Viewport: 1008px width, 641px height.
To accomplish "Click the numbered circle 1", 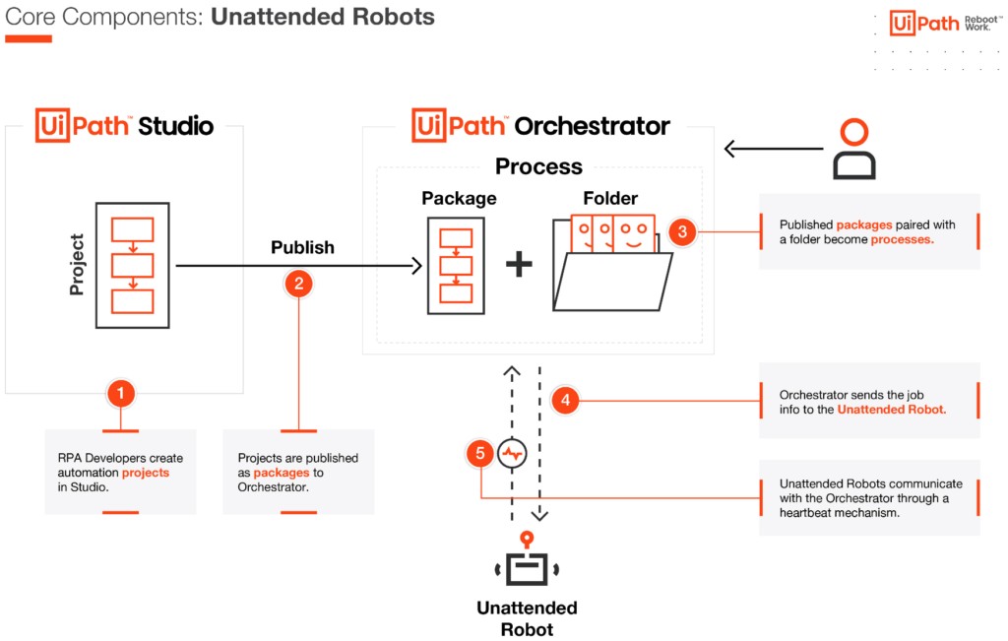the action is click(121, 394).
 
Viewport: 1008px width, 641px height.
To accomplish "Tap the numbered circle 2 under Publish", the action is click(298, 284).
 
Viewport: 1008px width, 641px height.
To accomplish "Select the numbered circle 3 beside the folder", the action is click(683, 231).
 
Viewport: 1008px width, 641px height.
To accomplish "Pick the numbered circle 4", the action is click(566, 401).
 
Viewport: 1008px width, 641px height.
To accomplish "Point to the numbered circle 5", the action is click(480, 453).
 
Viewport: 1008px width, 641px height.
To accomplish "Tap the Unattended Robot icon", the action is click(528, 558).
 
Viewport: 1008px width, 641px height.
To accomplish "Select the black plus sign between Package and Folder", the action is click(519, 264).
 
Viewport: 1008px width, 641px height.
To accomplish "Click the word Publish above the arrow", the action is click(303, 247).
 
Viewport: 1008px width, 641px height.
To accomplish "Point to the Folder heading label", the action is click(610, 198).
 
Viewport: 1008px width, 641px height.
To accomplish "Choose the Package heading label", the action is click(459, 198).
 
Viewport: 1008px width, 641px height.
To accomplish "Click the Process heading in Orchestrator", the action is click(538, 166).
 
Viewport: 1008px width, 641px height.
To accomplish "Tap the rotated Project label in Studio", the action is click(77, 265).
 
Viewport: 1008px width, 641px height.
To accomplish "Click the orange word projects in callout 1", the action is click(146, 473).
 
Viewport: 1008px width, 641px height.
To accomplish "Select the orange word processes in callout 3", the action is click(903, 239).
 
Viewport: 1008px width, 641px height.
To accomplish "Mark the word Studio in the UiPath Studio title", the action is click(175, 126).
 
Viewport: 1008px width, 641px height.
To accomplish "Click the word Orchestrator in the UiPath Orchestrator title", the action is click(592, 126).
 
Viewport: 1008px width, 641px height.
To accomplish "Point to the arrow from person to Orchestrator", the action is click(774, 149).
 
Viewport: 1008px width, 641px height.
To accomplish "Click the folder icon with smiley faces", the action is click(612, 263).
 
